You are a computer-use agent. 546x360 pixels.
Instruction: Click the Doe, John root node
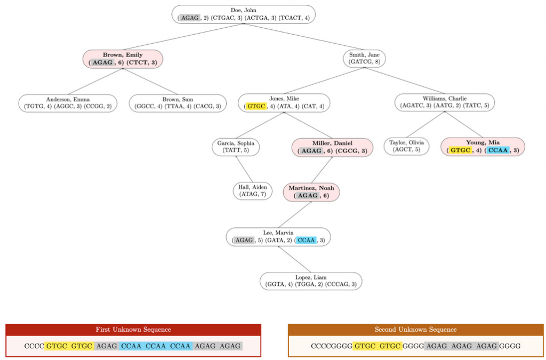click(243, 14)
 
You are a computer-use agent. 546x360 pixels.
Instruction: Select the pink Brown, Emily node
click(123, 59)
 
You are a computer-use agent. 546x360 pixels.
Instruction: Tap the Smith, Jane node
click(364, 59)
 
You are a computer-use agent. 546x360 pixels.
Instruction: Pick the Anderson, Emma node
click(68, 103)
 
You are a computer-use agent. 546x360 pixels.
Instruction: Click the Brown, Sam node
click(178, 103)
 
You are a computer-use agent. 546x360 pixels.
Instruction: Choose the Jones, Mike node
click(284, 103)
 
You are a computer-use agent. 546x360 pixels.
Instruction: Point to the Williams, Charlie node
click(444, 102)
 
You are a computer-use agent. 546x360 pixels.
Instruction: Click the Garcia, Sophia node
click(236, 147)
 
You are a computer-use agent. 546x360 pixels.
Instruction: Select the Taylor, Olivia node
click(406, 147)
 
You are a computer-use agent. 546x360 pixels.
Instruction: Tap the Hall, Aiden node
click(252, 191)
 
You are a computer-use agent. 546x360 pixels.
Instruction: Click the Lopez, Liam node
click(311, 281)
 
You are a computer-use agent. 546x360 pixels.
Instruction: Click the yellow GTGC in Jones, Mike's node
click(256, 107)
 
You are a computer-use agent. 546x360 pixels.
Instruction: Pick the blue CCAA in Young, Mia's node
click(498, 150)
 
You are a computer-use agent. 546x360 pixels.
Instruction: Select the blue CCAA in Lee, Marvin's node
click(307, 241)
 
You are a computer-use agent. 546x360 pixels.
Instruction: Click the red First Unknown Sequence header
click(133, 330)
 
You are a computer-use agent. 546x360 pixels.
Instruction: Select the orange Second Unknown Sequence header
click(415, 330)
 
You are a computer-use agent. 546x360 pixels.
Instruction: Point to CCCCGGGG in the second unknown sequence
click(332, 346)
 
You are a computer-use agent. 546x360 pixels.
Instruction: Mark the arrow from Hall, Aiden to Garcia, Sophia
click(244, 169)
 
